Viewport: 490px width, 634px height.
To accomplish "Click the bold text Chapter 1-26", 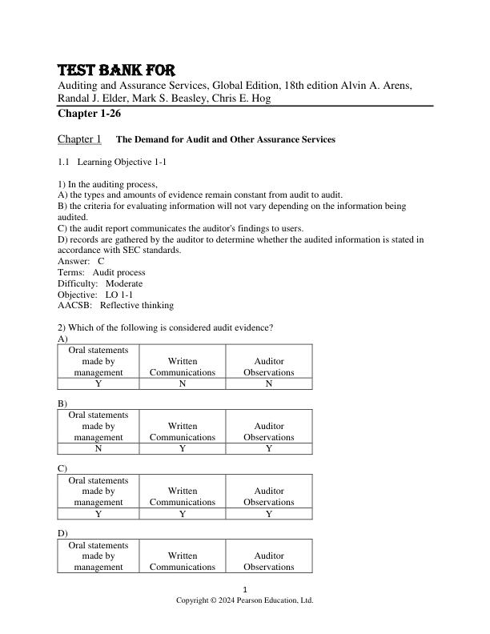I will coord(89,114).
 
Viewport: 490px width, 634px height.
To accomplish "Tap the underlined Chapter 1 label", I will coord(79,139).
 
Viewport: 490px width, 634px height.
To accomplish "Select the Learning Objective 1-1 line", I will coord(111,163).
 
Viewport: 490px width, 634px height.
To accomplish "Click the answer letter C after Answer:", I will coord(102,261).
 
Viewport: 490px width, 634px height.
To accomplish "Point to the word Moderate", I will coord(124,283).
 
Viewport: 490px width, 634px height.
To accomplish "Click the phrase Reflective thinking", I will coord(137,305).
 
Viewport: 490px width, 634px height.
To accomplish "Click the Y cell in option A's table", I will coord(98,383).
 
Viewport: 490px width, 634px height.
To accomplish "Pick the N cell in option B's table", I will coord(98,448).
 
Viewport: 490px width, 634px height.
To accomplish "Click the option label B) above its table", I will coord(62,403).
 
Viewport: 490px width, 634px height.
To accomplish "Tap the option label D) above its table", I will coord(62,532).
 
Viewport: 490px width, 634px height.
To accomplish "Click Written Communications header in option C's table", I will coord(183,496).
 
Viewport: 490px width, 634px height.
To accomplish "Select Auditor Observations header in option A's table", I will coord(269,367).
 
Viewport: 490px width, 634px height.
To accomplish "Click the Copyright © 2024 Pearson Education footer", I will coord(245,600).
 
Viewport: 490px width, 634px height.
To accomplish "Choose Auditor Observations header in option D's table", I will coord(269,561).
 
